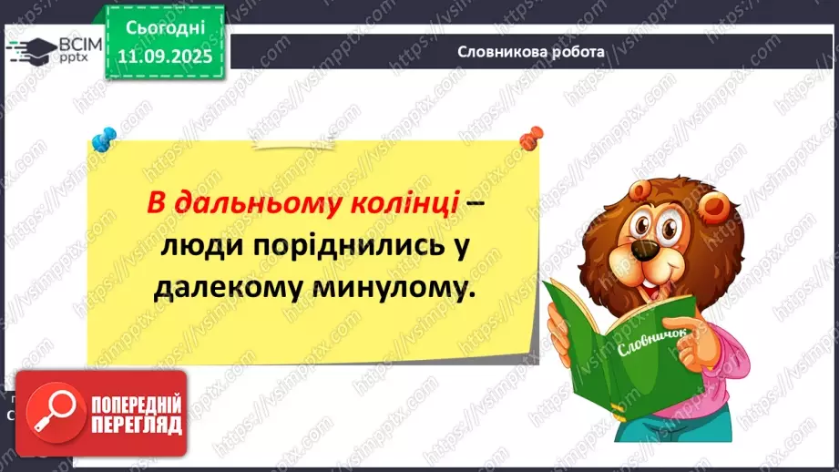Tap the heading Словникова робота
tap(532, 51)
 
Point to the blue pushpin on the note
tap(103, 140)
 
